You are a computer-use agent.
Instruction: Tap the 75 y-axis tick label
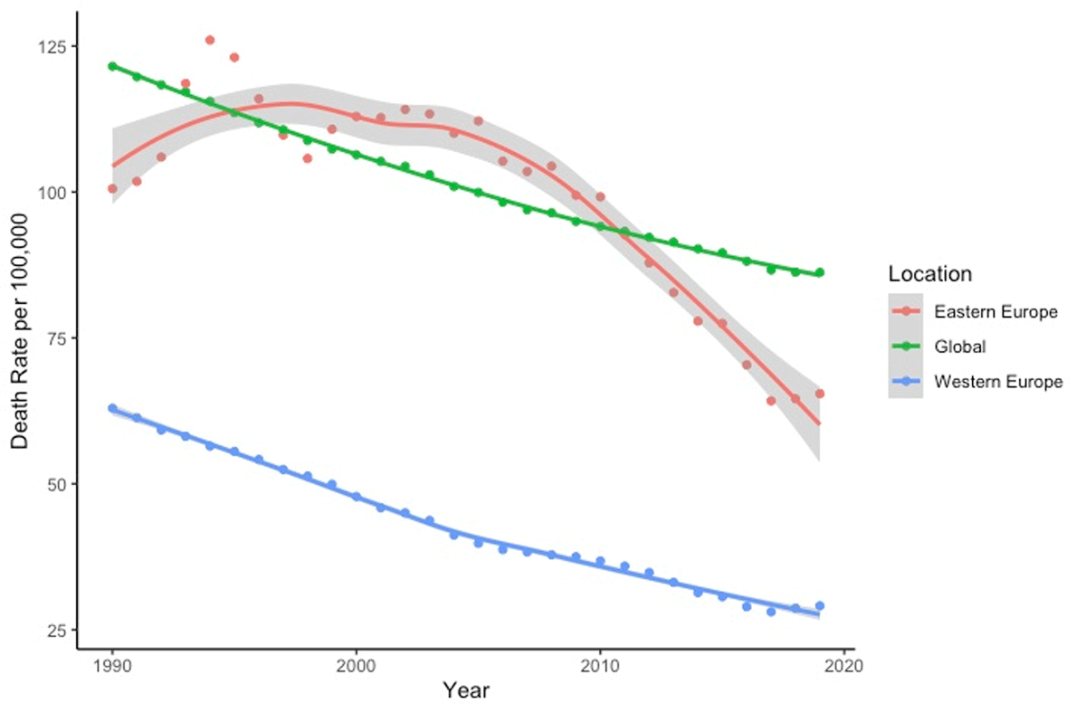coord(57,337)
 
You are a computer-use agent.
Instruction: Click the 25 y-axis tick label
coord(57,630)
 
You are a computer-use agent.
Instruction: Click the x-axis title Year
coord(466,692)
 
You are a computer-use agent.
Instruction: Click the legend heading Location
coord(929,273)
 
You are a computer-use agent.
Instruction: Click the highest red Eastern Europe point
coord(209,40)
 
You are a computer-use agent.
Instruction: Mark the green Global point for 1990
coord(112,66)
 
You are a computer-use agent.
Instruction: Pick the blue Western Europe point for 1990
coord(112,408)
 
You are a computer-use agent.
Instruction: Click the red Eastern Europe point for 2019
coord(819,394)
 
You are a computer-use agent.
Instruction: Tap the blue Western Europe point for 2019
coord(819,606)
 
